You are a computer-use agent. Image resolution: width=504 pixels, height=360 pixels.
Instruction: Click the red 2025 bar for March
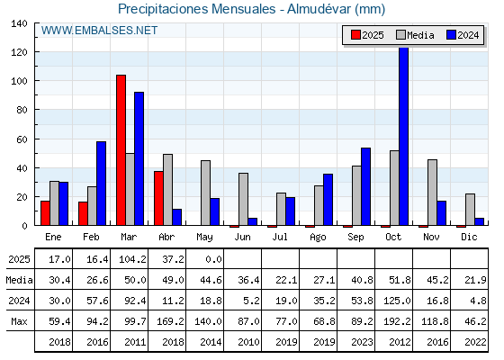pos(121,150)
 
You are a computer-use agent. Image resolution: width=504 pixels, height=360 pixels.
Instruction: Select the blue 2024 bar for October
pos(404,136)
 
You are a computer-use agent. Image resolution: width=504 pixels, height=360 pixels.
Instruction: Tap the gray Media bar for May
pos(206,193)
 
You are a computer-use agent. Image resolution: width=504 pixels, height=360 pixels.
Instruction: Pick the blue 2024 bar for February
pos(101,184)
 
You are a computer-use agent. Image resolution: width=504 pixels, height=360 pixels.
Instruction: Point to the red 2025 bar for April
pos(158,198)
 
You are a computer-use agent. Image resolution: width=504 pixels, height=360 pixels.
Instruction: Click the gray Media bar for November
pos(432,193)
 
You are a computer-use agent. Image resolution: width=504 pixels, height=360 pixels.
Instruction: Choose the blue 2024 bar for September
pos(365,186)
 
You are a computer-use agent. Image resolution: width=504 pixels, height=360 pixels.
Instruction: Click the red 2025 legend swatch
pos(355,35)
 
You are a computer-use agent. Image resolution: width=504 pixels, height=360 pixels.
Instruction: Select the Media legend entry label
pos(420,35)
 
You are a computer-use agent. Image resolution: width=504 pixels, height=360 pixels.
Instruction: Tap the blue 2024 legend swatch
pos(451,35)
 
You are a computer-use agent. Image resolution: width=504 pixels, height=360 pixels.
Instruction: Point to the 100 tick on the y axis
pos(36,80)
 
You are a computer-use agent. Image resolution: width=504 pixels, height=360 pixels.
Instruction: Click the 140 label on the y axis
pos(19,23)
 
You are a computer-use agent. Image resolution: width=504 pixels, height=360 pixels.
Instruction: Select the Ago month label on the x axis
pos(318,238)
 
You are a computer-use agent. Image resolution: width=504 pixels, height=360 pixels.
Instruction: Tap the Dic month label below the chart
pos(469,237)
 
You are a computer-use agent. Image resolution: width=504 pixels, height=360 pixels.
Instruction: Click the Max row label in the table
pos(19,321)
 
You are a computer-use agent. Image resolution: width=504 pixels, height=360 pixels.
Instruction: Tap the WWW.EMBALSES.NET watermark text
pos(99,31)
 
